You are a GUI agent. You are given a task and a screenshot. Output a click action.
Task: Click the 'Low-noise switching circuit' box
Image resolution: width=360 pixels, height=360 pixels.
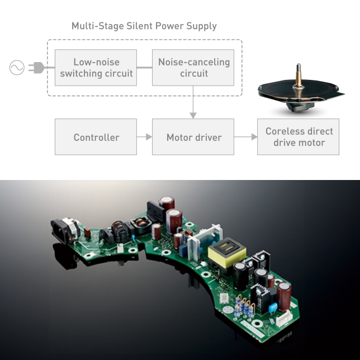click(96, 68)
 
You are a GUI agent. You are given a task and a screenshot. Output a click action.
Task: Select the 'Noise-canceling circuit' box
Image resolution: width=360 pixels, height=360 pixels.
click(193, 68)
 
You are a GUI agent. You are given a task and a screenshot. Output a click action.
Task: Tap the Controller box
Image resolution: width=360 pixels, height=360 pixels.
click(96, 137)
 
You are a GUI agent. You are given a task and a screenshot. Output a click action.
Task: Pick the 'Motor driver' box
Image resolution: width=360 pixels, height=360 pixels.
click(193, 137)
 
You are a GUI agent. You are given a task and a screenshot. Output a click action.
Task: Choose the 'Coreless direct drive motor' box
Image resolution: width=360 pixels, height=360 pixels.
click(299, 137)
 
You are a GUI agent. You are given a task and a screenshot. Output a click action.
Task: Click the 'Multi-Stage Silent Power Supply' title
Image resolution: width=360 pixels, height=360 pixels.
click(144, 26)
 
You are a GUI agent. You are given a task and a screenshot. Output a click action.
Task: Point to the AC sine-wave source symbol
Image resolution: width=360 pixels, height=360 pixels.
click(17, 68)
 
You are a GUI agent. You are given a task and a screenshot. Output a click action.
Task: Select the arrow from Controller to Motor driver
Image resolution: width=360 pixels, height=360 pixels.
click(145, 137)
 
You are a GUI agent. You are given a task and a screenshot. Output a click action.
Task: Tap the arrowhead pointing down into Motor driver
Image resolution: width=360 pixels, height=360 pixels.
click(193, 115)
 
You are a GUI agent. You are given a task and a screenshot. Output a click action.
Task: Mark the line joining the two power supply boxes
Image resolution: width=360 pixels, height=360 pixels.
click(145, 68)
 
